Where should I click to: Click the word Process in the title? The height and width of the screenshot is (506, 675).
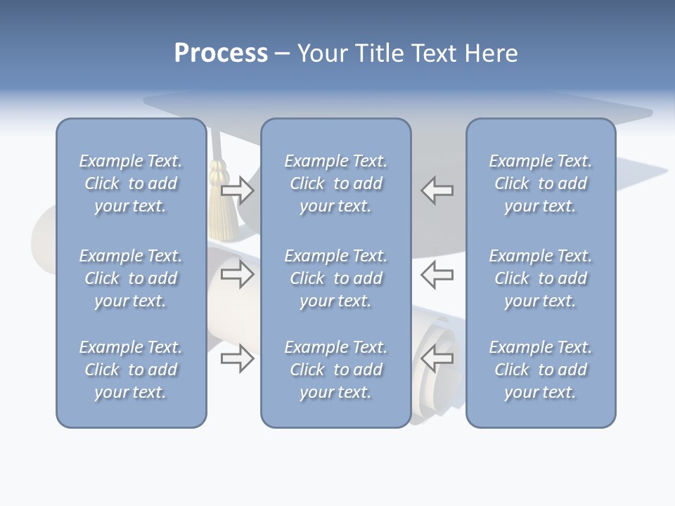point(221,53)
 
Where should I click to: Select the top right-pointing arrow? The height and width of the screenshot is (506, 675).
point(237,190)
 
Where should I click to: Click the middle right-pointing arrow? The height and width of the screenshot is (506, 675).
point(237,274)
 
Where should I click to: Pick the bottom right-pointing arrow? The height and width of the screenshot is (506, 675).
point(237,358)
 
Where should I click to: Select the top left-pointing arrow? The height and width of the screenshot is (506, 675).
point(437,190)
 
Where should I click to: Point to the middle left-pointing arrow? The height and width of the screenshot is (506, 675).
point(437,274)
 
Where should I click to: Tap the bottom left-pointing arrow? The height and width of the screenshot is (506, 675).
point(437,358)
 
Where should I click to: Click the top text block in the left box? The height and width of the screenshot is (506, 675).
point(131,183)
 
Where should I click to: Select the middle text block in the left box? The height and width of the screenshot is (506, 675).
point(131,278)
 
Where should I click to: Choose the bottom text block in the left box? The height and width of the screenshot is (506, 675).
point(131,370)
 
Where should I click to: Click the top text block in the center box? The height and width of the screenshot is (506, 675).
point(336,183)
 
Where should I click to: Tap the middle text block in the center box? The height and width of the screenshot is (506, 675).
point(336,278)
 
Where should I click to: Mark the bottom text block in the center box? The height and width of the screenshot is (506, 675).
point(336,370)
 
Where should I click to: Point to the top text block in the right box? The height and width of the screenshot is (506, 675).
point(541,183)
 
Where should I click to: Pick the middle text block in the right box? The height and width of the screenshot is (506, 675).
point(541,278)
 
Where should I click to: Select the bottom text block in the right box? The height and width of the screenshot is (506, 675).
point(541,370)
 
